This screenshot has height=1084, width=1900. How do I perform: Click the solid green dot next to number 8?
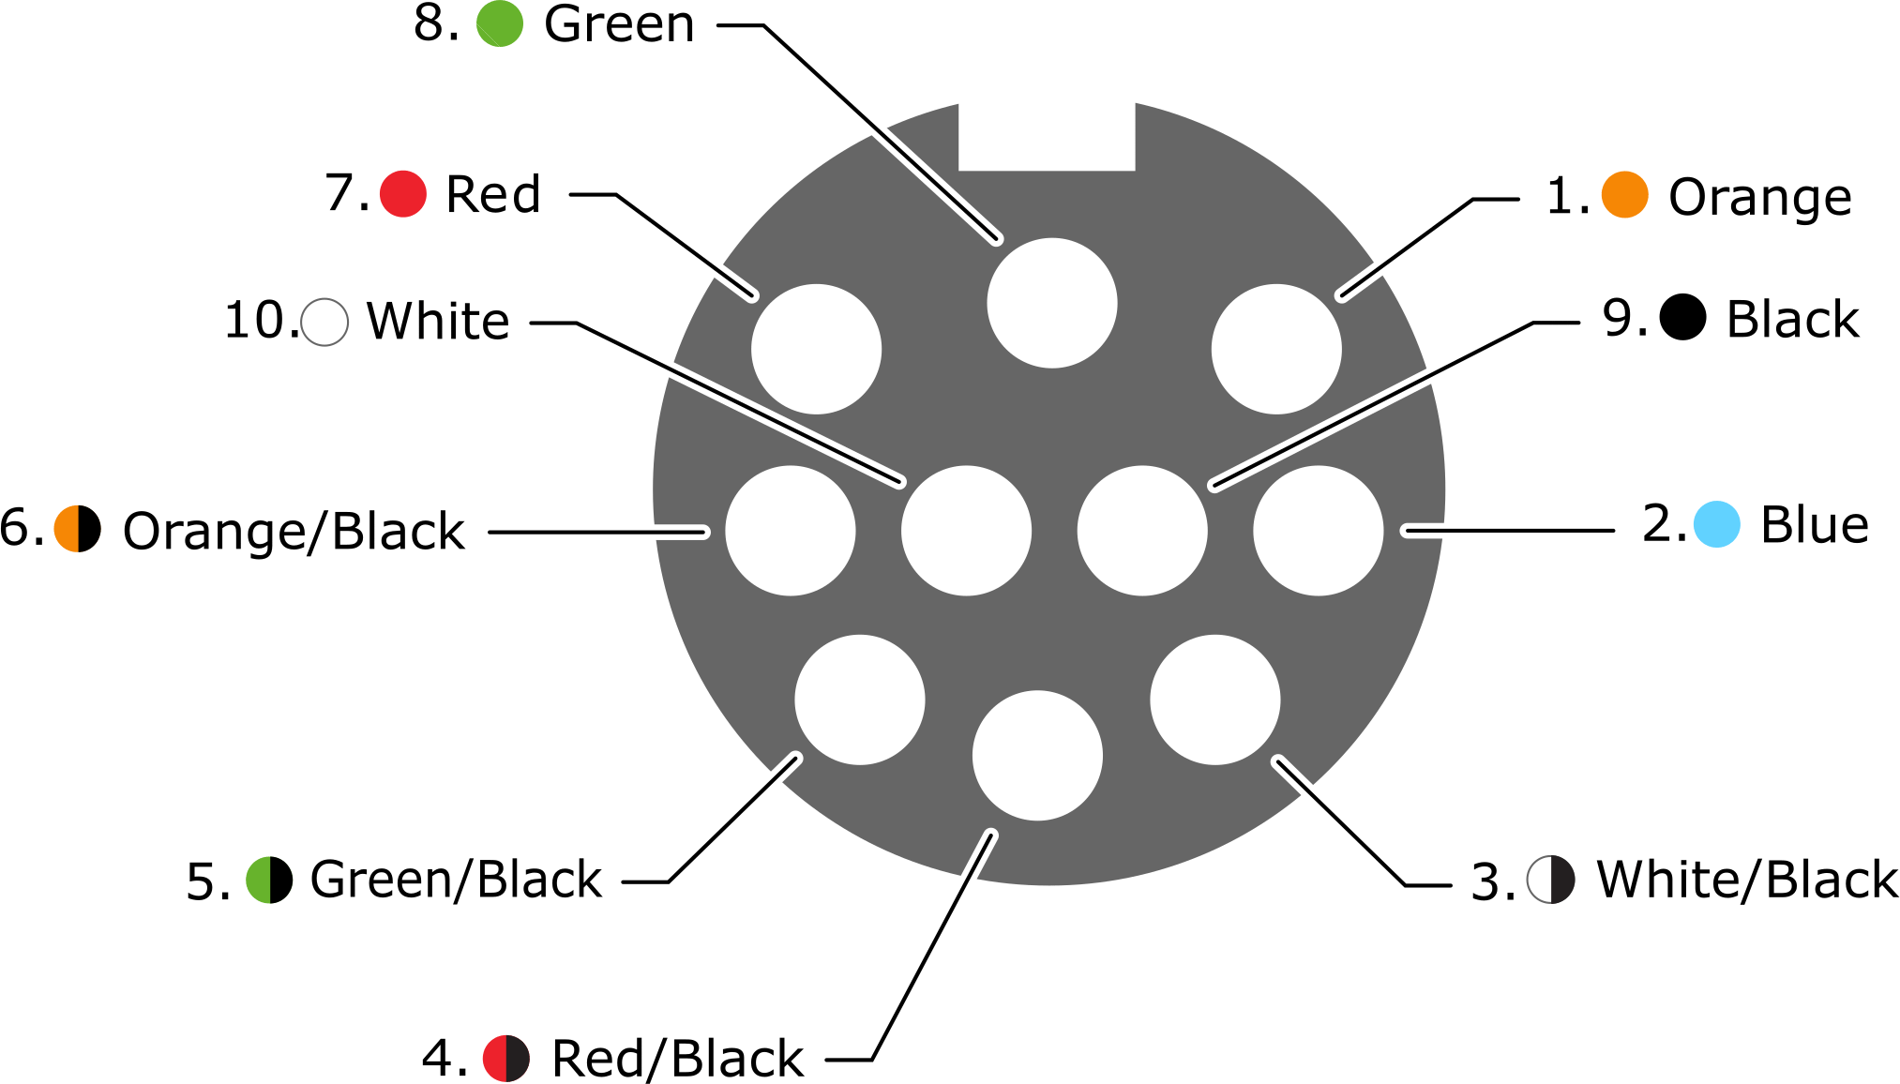[x=500, y=23]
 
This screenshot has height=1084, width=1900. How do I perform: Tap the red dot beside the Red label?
[x=403, y=194]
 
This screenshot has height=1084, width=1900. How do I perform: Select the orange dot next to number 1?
[x=1625, y=195]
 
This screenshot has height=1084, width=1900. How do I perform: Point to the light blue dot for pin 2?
[x=1717, y=524]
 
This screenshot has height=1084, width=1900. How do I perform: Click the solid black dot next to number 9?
[x=1683, y=317]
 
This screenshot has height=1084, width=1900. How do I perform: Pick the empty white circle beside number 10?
[x=324, y=323]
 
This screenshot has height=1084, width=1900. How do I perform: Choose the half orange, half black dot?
[x=78, y=529]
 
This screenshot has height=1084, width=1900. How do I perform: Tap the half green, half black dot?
[x=269, y=881]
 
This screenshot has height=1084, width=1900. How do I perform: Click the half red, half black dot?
[x=506, y=1059]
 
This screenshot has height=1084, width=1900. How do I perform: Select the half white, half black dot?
[x=1551, y=881]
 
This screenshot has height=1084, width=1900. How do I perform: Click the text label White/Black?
[x=1748, y=881]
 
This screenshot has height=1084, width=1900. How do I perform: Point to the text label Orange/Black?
[x=294, y=531]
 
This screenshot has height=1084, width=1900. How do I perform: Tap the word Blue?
[x=1815, y=524]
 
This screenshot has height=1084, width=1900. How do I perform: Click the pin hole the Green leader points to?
[x=1052, y=303]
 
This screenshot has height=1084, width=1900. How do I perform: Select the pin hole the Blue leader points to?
[x=1319, y=531]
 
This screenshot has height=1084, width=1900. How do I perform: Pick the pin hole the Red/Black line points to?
[x=1037, y=756]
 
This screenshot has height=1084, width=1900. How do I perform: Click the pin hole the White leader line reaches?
[x=966, y=531]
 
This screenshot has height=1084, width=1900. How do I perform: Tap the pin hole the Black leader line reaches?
[x=1142, y=531]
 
